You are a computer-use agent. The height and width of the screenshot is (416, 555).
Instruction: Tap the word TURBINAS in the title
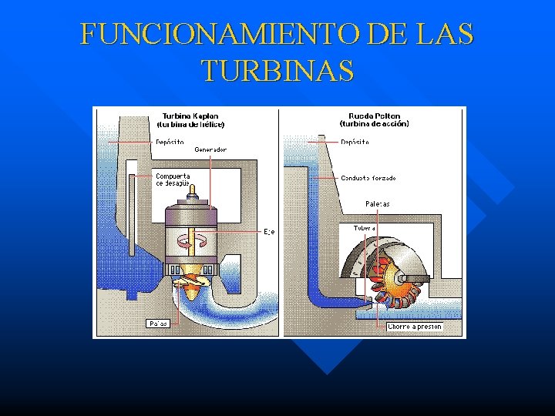[278, 71]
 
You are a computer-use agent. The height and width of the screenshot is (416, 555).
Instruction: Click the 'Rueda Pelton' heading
[374, 116]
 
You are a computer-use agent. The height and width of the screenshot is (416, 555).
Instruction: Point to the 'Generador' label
[210, 149]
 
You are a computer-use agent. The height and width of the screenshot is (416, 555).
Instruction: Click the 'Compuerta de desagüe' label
[173, 179]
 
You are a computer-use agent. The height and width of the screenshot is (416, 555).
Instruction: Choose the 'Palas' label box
[158, 323]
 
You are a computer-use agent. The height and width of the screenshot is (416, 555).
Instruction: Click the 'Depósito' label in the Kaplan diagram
[170, 142]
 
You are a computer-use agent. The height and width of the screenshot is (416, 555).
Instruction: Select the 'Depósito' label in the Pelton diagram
[355, 142]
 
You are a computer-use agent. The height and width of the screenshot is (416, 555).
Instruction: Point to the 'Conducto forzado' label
[368, 178]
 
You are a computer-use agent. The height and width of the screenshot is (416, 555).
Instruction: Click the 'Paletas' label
[378, 203]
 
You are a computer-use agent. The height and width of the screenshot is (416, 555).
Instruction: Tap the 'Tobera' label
[364, 228]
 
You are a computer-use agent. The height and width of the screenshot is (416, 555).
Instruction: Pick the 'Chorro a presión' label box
[415, 327]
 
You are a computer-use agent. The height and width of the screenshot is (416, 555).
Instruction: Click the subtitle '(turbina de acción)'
[375, 123]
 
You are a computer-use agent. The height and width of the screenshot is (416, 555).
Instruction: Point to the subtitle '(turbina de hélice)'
[190, 123]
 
